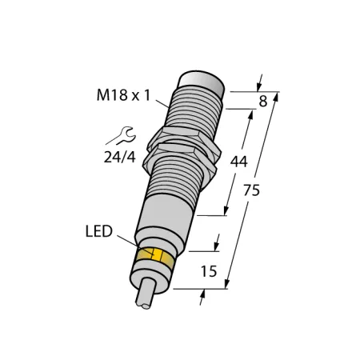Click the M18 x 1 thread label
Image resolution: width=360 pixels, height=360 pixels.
coord(124,95)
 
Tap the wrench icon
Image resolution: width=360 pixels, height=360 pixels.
coord(121,136)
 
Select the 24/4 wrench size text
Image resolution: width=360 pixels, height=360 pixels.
coord(120,158)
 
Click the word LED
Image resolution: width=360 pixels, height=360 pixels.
coord(99,231)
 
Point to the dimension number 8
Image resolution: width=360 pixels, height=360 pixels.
coord(263,102)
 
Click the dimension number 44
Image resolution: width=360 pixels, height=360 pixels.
coord(239,162)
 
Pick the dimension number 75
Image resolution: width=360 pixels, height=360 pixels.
coord(251,190)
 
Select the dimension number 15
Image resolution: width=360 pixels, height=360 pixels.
coord(209,271)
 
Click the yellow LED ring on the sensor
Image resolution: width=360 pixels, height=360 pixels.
coord(155,256)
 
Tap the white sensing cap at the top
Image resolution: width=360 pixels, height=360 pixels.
coord(202,82)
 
